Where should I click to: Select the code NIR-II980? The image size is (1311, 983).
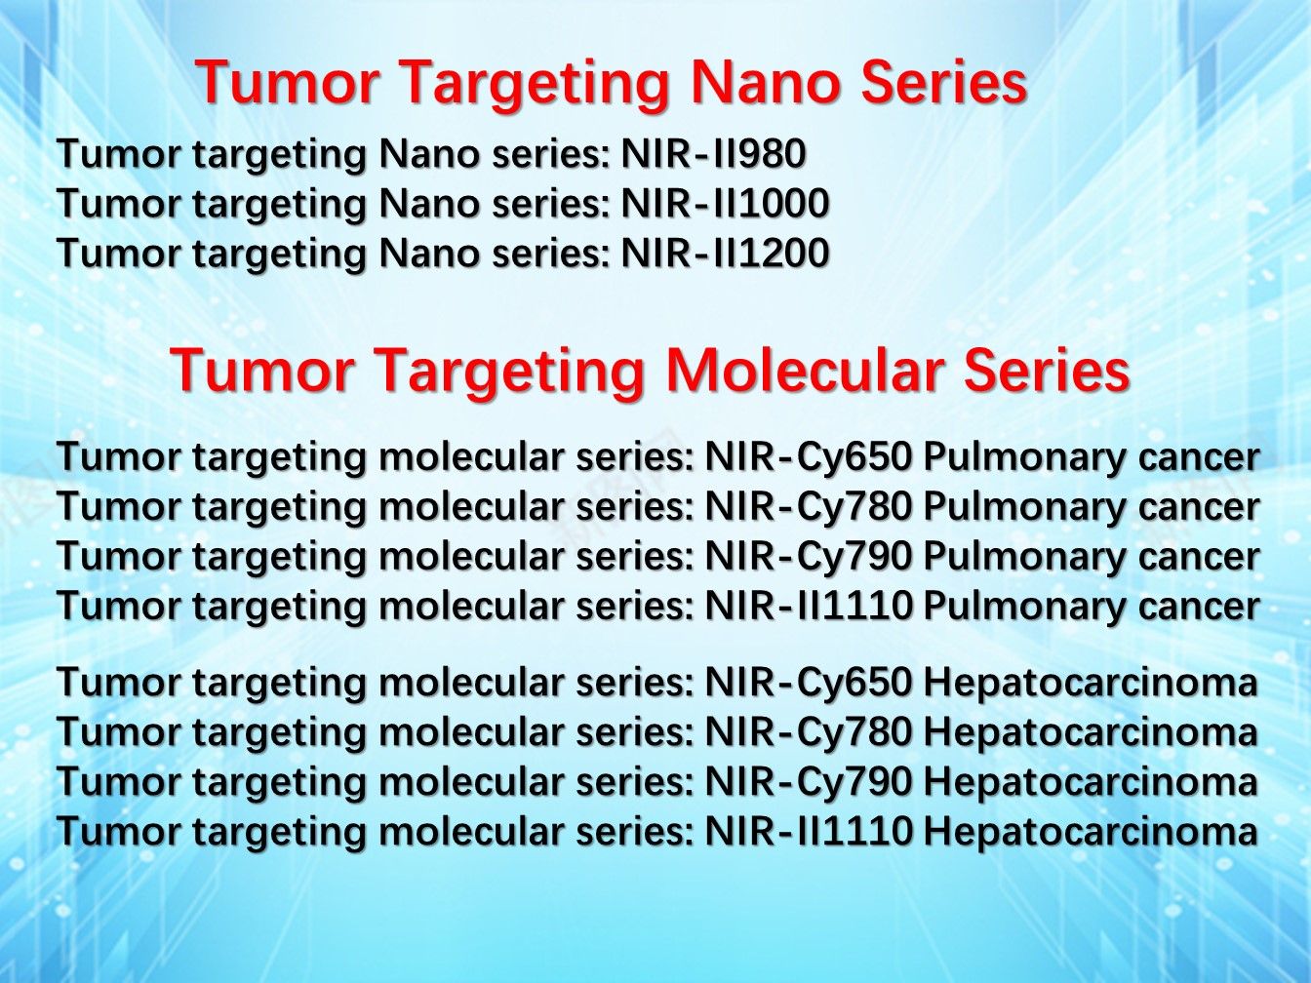713,154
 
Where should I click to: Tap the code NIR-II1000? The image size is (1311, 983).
725,204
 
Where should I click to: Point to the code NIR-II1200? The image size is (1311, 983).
725,253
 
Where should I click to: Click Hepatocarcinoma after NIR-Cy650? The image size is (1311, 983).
1091,684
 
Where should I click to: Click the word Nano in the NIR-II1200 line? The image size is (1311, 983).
428,253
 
